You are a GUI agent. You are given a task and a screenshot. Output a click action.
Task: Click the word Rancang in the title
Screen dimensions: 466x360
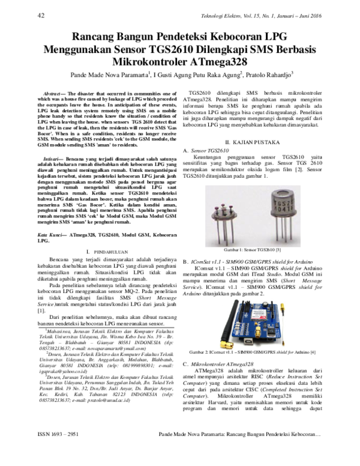[x=91, y=37]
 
